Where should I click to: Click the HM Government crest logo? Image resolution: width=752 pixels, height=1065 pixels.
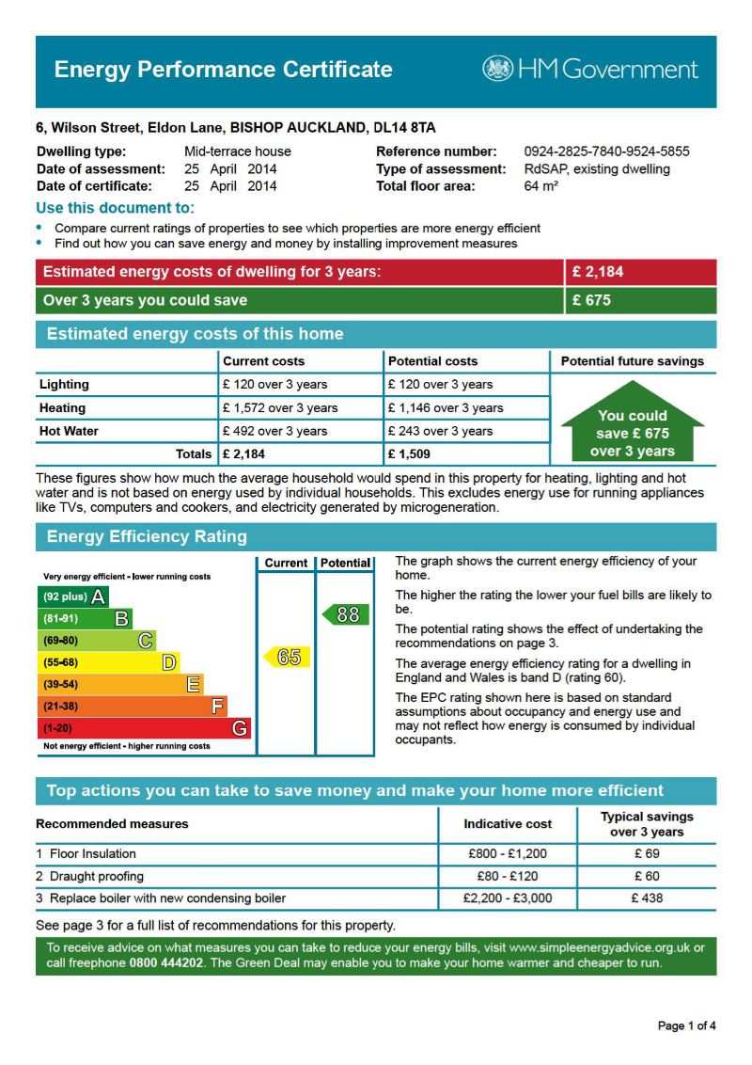point(498,69)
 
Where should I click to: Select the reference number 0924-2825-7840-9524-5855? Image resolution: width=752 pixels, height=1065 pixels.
point(606,151)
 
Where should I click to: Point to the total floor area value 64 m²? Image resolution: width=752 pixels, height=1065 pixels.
point(541,186)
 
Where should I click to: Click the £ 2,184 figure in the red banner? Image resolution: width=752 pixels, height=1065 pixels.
point(598,273)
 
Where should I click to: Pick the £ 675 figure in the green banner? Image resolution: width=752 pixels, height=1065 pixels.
point(592,301)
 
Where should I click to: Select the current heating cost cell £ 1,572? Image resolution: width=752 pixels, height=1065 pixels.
point(279,408)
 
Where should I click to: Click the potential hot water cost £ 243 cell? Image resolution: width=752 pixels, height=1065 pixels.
point(439,432)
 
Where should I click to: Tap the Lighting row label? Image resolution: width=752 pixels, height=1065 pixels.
point(64,385)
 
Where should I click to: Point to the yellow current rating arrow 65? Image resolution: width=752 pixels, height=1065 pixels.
point(287,657)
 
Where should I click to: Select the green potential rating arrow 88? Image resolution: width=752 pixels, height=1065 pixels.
point(345,614)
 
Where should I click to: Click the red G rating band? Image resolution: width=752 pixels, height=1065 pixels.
point(145,728)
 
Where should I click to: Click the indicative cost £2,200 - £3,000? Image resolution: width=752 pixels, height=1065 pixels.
point(508,898)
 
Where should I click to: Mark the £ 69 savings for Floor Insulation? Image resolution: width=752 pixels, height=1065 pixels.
point(647,854)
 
